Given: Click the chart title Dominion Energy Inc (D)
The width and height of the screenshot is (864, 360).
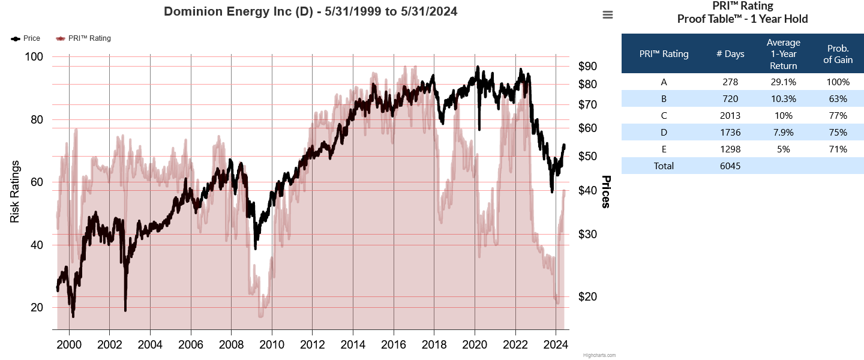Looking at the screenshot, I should click(x=311, y=11).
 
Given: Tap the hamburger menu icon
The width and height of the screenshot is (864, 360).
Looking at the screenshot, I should click(x=608, y=15).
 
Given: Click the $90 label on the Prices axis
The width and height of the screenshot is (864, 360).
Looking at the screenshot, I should click(x=587, y=66).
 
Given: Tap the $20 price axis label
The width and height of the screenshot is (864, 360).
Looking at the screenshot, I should click(x=587, y=296).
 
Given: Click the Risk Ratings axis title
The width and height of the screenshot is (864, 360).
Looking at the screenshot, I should click(x=15, y=191).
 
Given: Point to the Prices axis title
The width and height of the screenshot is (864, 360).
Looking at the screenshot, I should click(x=606, y=192).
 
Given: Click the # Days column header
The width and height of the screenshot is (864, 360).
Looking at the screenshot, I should click(x=730, y=54).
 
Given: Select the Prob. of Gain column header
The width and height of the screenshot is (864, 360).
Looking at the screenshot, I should click(x=838, y=54).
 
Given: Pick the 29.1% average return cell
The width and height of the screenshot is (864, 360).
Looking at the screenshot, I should click(x=783, y=82).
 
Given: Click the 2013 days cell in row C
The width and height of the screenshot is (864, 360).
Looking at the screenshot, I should click(x=730, y=116).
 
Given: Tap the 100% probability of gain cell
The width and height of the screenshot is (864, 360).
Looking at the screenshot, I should click(x=838, y=82).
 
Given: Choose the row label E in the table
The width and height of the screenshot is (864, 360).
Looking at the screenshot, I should click(x=664, y=149).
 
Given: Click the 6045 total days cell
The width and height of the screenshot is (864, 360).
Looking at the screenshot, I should click(x=730, y=166).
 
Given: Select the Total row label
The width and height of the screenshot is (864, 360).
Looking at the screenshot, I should click(x=664, y=166).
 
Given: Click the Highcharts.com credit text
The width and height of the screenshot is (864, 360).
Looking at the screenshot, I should click(x=599, y=355).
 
